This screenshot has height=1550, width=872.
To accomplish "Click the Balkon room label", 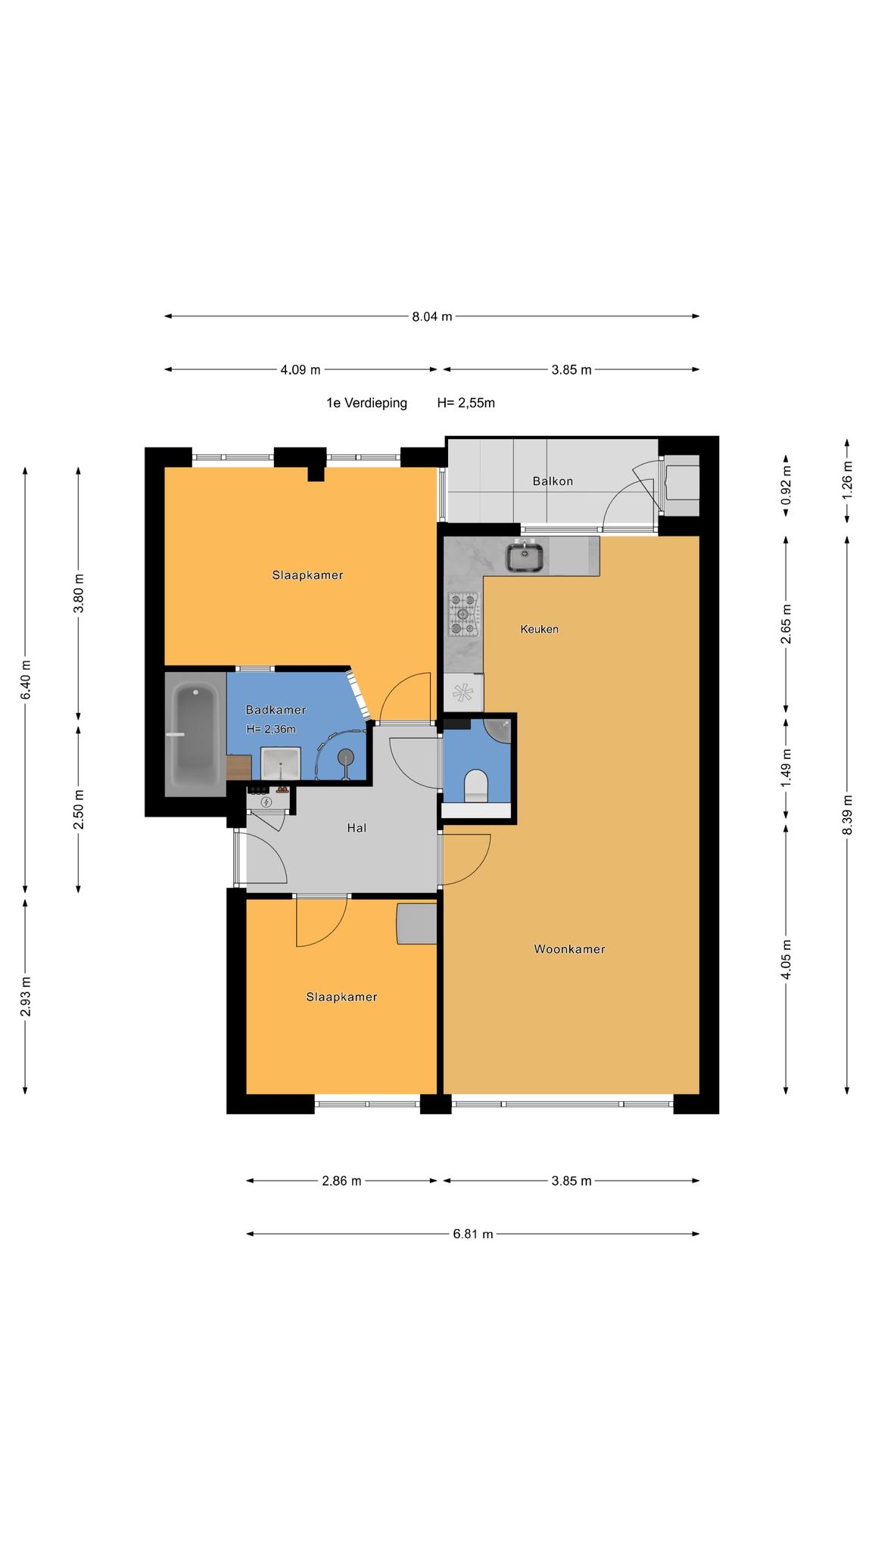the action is tap(553, 481).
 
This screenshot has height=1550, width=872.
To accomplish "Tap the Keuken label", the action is tap(540, 629).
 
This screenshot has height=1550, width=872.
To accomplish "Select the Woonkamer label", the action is tap(570, 949).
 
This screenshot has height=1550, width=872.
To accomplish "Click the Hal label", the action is tap(357, 828).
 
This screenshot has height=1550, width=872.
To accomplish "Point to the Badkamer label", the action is tap(276, 710).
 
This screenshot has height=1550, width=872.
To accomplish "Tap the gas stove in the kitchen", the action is tap(464, 614).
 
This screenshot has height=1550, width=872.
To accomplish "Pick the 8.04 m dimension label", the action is tap(432, 316).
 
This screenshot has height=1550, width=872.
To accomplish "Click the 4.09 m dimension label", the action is tap(301, 370).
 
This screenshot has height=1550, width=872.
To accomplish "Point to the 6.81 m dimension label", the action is tap(473, 1234).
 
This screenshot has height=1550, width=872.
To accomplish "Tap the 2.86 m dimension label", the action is tap(341, 1181).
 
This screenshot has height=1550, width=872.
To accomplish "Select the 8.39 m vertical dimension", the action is tap(847, 815).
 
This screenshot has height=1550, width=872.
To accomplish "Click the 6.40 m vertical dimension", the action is tap(26, 680).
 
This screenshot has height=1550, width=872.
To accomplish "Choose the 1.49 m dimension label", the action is tap(786, 768).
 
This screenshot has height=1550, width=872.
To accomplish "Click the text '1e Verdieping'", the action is tap(366, 403).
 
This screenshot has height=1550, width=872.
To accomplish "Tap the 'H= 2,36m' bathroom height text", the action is tap(271, 730).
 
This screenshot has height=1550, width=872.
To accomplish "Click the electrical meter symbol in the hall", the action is tap(266, 801).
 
